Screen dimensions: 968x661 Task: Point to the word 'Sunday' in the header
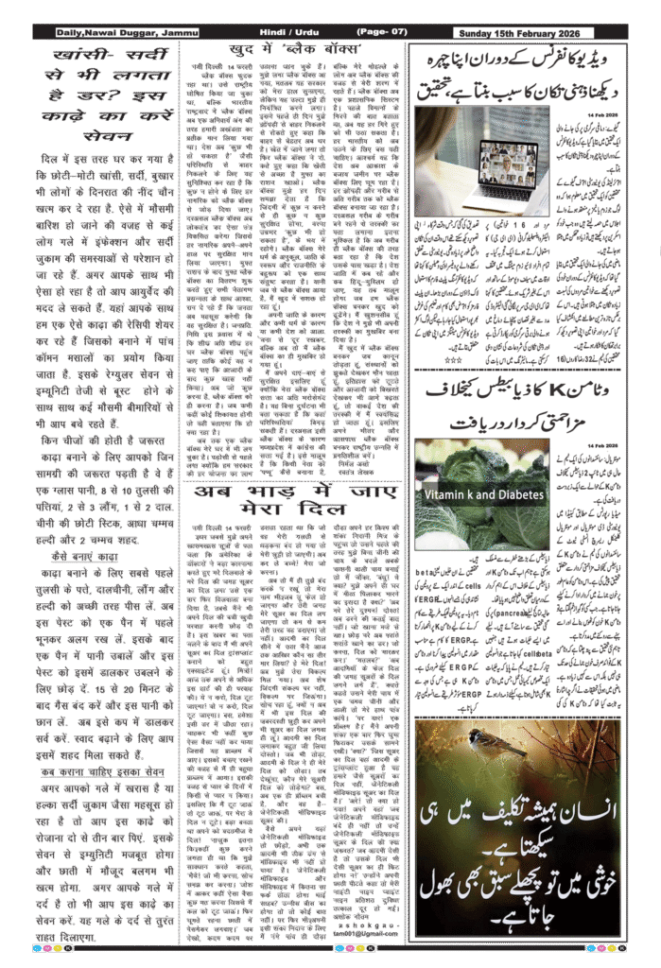480,33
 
